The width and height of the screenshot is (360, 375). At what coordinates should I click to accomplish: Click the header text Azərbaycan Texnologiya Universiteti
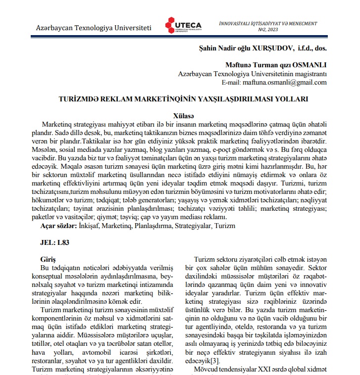pos(93,27)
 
